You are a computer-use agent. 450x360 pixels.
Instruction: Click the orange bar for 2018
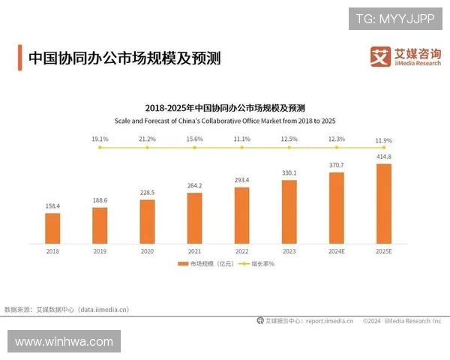point(52,227)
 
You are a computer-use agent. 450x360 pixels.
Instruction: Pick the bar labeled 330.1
point(289,211)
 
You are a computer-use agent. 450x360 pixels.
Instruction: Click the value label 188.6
point(100,201)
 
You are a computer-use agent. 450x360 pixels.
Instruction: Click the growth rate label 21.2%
point(147,139)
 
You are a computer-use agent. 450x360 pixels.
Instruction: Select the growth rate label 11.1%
point(241,139)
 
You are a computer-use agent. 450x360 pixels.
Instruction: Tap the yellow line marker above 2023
point(289,148)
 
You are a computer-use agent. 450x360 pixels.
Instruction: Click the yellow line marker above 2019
point(100,148)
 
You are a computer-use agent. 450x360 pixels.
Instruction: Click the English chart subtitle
point(225,121)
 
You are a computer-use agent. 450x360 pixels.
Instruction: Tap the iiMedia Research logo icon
point(380,55)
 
